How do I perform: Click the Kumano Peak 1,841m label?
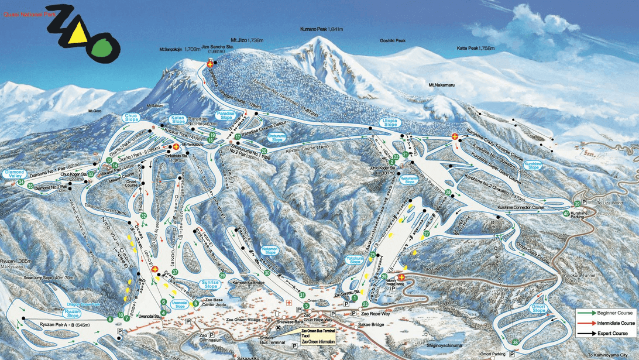point(324,29)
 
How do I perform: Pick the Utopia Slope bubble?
point(390,122)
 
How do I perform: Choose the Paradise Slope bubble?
point(225,115)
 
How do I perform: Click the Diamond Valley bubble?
point(15,174)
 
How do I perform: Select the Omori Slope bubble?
point(521,308)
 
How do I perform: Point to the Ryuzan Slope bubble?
point(73,298)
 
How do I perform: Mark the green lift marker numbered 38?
point(515,342)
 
